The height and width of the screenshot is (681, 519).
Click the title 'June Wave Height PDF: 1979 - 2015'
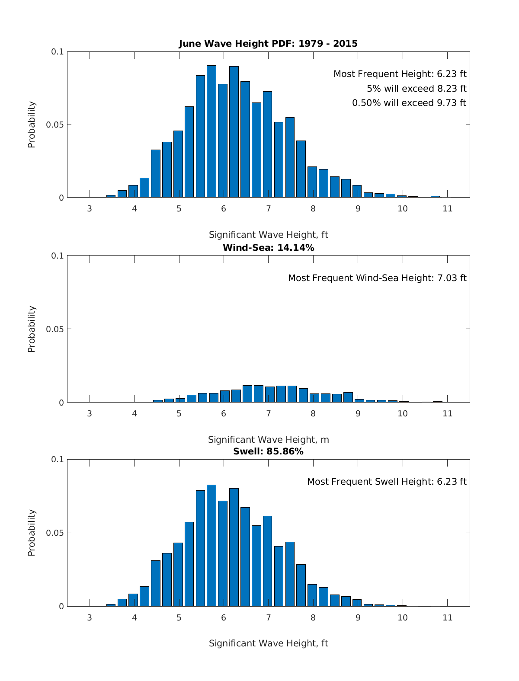[x=268, y=44]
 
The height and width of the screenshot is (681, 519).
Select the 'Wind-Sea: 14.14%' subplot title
[x=268, y=248]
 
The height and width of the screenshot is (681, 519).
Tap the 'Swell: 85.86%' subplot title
[x=268, y=451]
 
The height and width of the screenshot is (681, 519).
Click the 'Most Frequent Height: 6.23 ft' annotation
[x=400, y=74]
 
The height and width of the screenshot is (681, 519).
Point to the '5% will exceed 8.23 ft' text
[x=416, y=89]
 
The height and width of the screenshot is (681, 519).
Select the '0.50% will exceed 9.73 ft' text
[x=409, y=103]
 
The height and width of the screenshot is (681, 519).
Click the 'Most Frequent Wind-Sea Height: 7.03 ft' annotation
[x=377, y=278]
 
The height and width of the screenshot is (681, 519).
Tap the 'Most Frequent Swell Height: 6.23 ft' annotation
[x=387, y=482]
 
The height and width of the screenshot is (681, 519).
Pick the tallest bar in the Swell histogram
[x=211, y=545]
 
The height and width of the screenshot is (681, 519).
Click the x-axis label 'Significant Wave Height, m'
[x=268, y=440]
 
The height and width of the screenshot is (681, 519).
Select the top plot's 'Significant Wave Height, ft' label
[x=268, y=235]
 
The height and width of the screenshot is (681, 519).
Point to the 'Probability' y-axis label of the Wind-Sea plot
[x=32, y=329]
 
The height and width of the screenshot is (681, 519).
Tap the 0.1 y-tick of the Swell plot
[x=58, y=460]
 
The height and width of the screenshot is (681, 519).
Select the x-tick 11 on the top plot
[x=447, y=209]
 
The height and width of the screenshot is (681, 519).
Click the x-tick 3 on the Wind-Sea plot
[x=90, y=413]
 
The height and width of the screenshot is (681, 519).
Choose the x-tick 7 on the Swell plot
[x=269, y=617]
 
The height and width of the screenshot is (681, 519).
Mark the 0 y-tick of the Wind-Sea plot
[x=61, y=403]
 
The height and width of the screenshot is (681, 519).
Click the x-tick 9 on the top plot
[x=358, y=209]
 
